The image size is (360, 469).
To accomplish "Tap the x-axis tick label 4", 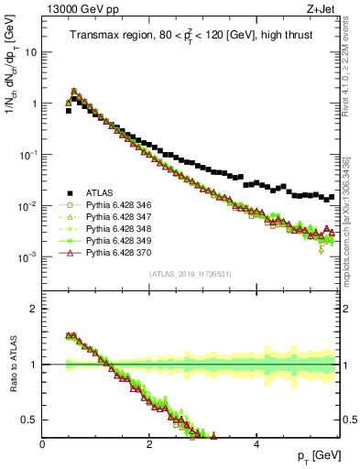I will (x=256, y=444).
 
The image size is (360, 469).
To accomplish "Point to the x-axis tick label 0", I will (x=43, y=444).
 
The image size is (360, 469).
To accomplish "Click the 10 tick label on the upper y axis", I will (x=30, y=52).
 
